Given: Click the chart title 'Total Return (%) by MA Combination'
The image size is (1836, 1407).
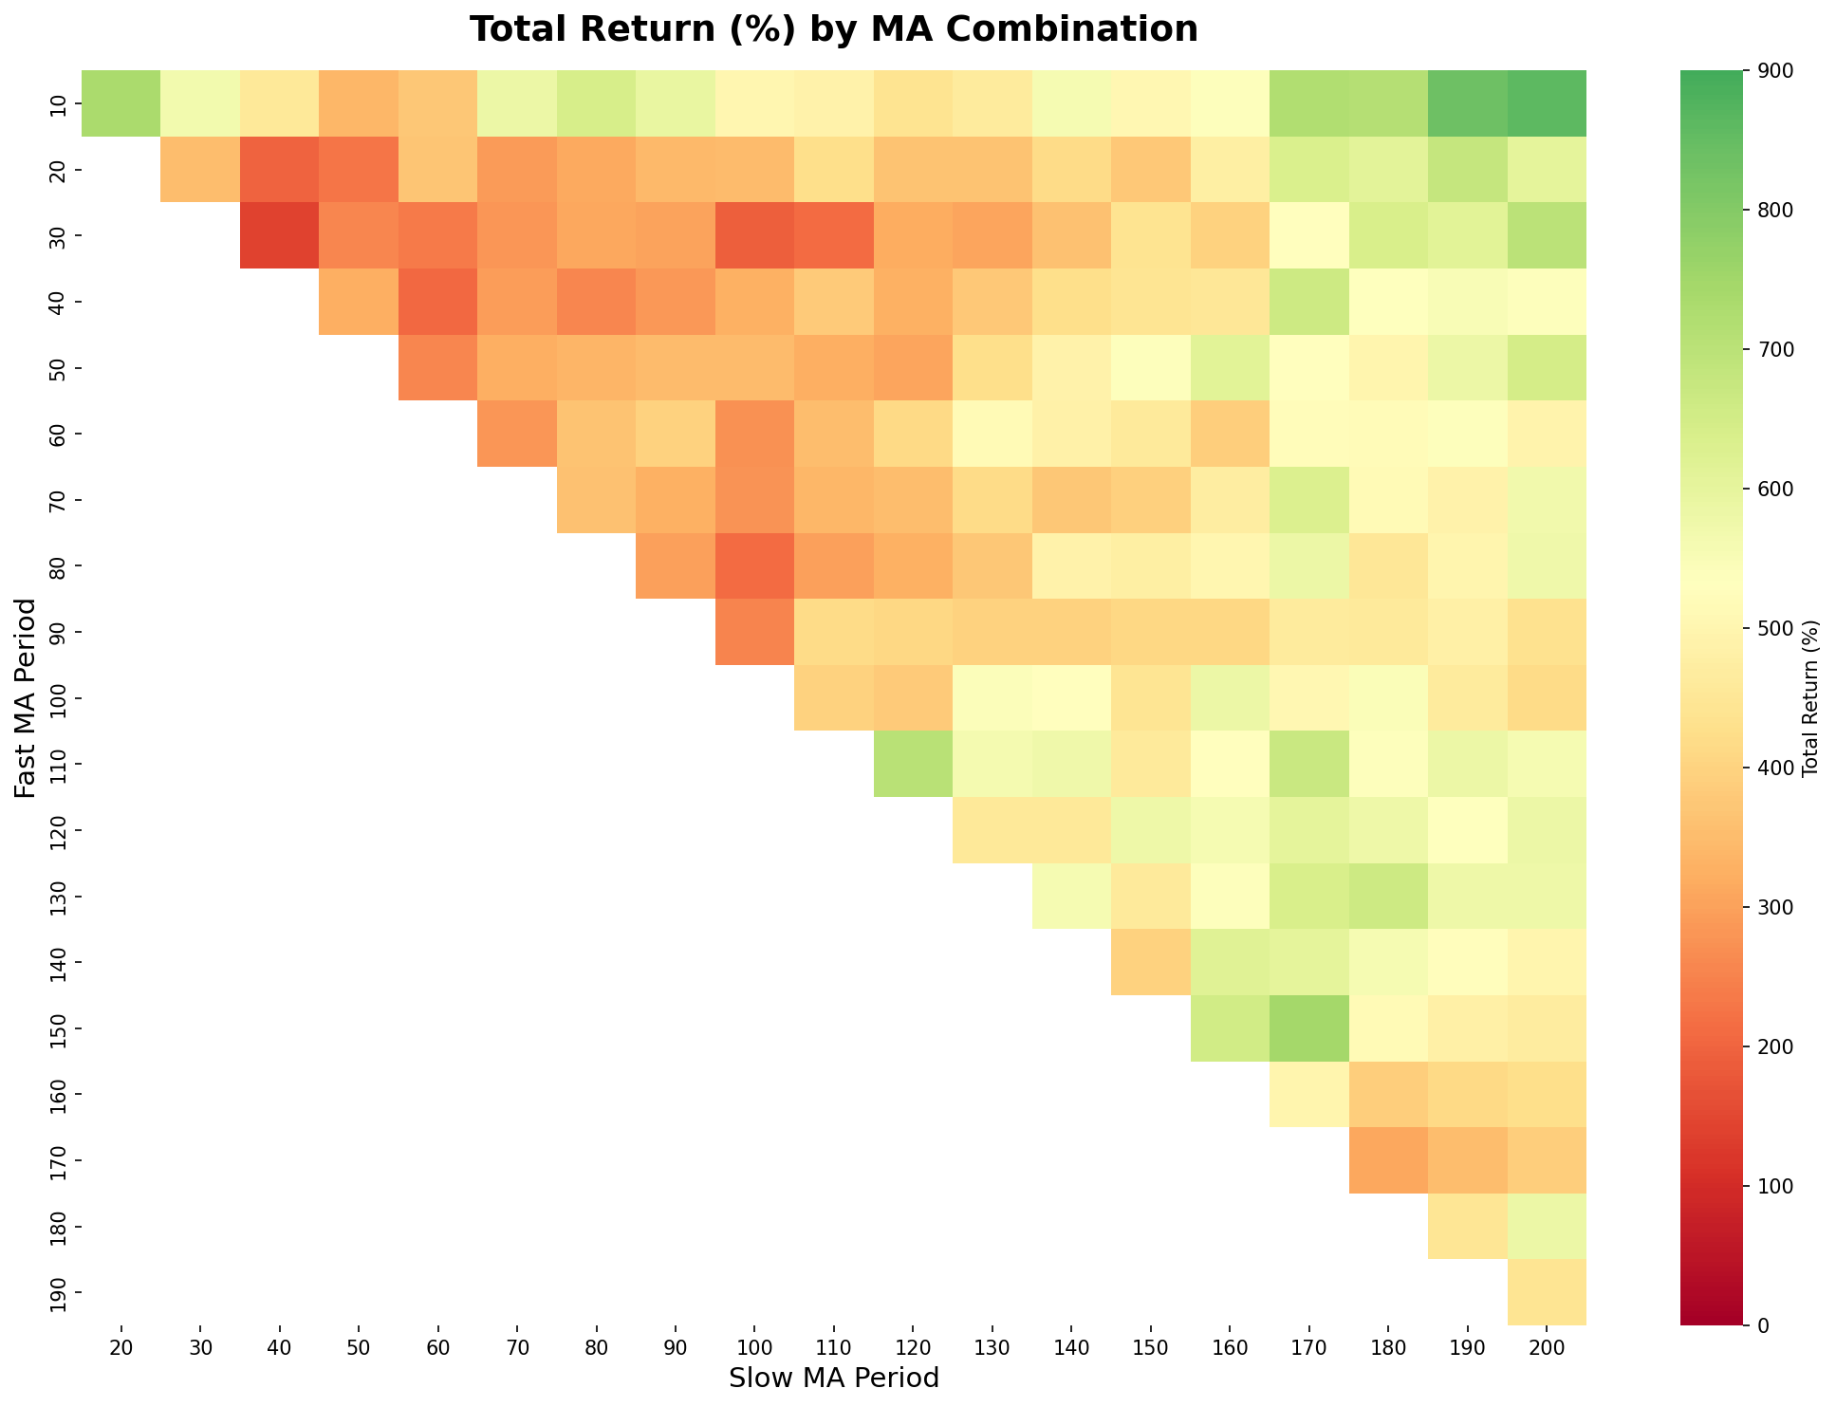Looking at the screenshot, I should [833, 30].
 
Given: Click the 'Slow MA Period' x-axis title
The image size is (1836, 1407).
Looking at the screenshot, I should [833, 1378].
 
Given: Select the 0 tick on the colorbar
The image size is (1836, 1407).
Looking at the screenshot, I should [1757, 1324].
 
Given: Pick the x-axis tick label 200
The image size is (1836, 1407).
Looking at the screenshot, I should [1547, 1349].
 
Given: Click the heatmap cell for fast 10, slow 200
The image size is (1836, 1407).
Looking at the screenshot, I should [1547, 103].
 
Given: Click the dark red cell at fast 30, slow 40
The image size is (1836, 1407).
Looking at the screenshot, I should [279, 235].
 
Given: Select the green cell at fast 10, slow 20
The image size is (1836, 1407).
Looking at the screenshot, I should [121, 103].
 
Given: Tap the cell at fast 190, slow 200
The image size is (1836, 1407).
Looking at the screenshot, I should [1547, 1291].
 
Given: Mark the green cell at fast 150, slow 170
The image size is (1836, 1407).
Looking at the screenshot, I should [1308, 1027].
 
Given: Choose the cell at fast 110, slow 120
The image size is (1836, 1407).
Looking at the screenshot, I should [913, 764].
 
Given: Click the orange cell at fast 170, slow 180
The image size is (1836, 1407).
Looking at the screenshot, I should [1388, 1159].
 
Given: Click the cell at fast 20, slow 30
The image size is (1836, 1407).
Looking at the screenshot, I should [200, 170].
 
